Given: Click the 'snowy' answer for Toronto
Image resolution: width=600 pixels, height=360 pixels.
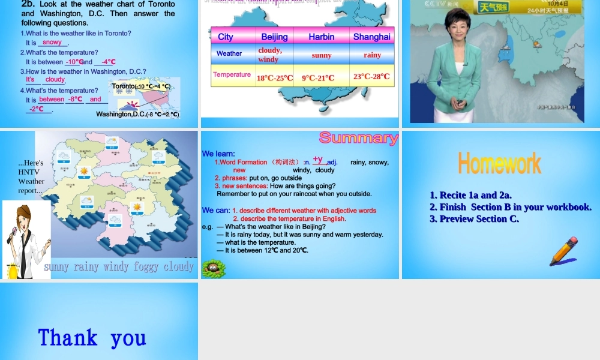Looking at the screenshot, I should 52,43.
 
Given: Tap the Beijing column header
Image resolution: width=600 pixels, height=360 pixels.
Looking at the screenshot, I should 274,37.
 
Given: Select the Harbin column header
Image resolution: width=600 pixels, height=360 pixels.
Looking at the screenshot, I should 322,37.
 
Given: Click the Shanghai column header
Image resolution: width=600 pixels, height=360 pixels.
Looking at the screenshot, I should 371,37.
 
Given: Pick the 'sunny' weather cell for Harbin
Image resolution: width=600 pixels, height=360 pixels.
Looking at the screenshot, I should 322,55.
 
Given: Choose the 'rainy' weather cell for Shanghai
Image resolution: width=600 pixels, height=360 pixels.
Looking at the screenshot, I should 372,55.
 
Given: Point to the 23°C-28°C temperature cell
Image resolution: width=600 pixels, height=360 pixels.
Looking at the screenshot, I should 371,76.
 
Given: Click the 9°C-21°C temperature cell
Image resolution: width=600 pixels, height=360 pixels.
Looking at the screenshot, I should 318,78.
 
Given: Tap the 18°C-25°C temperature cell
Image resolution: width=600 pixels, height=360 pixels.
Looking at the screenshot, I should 275,78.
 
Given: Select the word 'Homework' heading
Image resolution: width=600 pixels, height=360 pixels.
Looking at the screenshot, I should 499,163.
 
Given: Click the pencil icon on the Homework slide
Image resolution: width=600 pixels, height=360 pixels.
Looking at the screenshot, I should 563,251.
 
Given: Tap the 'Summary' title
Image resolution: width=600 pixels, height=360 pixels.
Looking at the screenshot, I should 358,138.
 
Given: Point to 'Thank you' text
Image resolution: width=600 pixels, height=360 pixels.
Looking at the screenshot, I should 92,338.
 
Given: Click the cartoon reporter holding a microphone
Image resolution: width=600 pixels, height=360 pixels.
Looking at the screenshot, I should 25,237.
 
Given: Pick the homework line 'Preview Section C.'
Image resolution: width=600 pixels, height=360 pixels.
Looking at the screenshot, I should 474,219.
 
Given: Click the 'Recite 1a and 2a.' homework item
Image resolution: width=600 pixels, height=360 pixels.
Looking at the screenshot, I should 470,195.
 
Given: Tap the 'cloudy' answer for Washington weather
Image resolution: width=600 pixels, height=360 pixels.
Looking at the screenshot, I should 55,79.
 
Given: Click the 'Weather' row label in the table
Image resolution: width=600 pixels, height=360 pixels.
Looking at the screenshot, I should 229,53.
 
